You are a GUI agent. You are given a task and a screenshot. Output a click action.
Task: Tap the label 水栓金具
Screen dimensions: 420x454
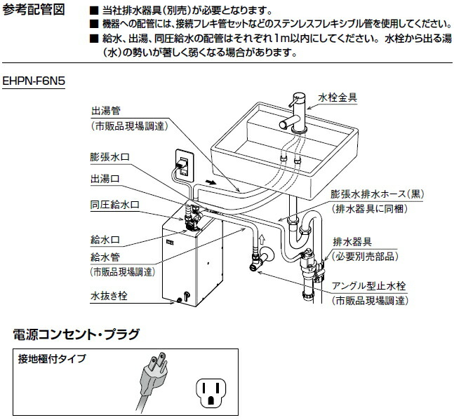point(338,97)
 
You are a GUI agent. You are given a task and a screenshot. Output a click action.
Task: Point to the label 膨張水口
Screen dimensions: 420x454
point(112,154)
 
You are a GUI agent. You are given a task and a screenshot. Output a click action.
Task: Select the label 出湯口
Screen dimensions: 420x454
point(105,179)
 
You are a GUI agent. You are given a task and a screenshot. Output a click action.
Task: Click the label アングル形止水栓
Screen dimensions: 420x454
point(370,287)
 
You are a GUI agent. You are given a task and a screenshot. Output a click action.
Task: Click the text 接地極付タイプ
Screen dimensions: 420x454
point(53,359)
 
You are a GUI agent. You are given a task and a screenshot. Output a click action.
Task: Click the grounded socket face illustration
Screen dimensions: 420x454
point(211,387)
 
